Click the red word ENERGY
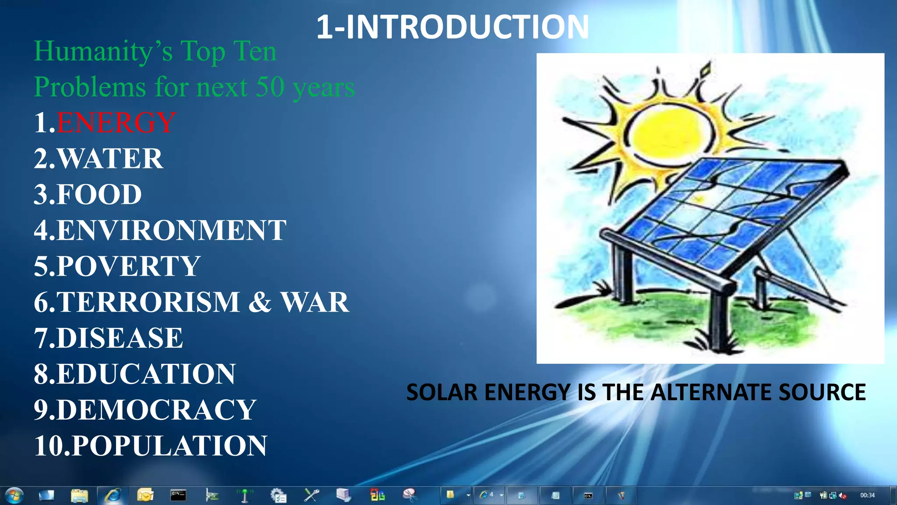point(116,122)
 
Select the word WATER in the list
point(110,158)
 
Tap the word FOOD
point(99,194)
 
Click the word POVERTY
point(128,266)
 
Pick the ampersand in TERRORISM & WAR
point(260,302)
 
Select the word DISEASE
point(120,338)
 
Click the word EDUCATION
point(146,374)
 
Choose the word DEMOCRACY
point(156,410)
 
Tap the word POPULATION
point(169,446)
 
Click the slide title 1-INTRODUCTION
point(452,27)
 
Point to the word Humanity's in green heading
point(103,51)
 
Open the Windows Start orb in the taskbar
point(14,496)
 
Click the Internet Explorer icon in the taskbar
point(113,496)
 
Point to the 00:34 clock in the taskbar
point(867,495)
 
